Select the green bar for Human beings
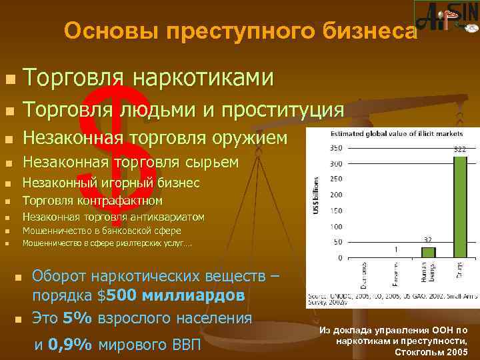pos(428,252)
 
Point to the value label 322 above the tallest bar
pos(459,151)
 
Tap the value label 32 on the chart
pos(428,239)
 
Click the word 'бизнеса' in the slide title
pos(363,31)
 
